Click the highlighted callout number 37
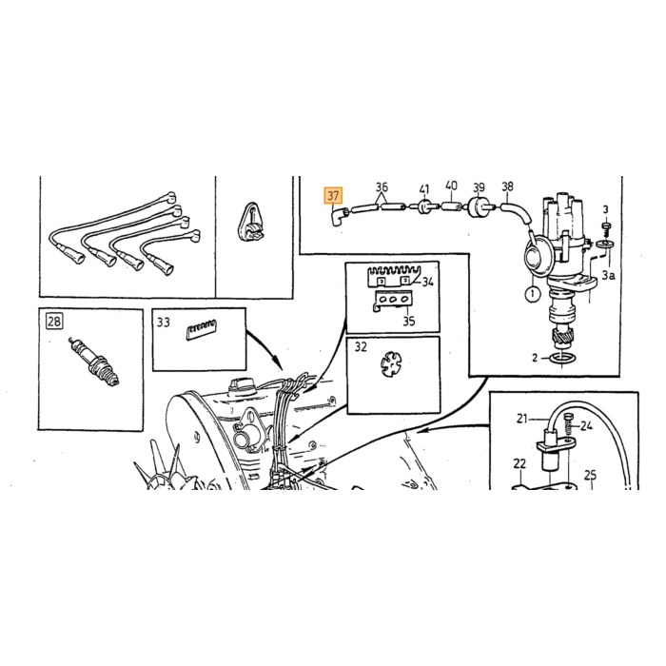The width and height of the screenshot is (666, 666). pyautogui.click(x=333, y=196)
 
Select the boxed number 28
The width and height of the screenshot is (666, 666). pyautogui.click(x=54, y=322)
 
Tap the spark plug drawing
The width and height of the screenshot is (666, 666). pyautogui.click(x=95, y=361)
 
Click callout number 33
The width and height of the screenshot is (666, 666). pyautogui.click(x=163, y=323)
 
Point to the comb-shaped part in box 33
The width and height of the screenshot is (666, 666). pyautogui.click(x=202, y=329)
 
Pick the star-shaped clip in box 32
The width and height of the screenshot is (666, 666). pyautogui.click(x=390, y=364)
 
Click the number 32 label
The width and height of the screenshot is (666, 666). pyautogui.click(x=361, y=347)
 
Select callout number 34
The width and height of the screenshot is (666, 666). pyautogui.click(x=427, y=282)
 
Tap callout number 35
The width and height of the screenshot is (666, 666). pyautogui.click(x=408, y=321)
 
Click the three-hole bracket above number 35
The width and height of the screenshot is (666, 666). pyautogui.click(x=393, y=300)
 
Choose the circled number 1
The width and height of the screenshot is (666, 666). pyautogui.click(x=532, y=293)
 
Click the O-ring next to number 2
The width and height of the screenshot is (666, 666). pyautogui.click(x=562, y=360)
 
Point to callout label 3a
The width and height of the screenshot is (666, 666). pyautogui.click(x=608, y=275)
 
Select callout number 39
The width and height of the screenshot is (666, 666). pyautogui.click(x=480, y=187)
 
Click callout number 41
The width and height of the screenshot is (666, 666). pyautogui.click(x=424, y=189)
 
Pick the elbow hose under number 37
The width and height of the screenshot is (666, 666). pyautogui.click(x=340, y=215)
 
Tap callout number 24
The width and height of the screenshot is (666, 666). pyautogui.click(x=587, y=425)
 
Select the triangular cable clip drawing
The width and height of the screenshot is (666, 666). pyautogui.click(x=250, y=223)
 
